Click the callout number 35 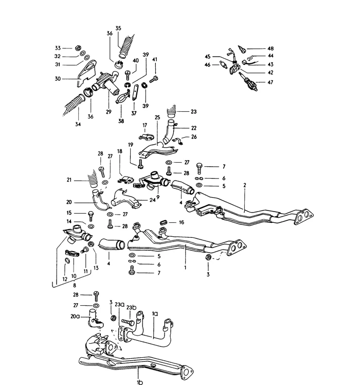click(x=118, y=28)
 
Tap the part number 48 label click(x=271, y=49)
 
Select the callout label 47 click(x=271, y=82)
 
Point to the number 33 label click(x=58, y=47)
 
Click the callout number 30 click(x=58, y=79)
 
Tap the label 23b click(x=132, y=307)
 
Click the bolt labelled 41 click(x=154, y=80)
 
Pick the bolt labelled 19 click(x=140, y=164)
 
